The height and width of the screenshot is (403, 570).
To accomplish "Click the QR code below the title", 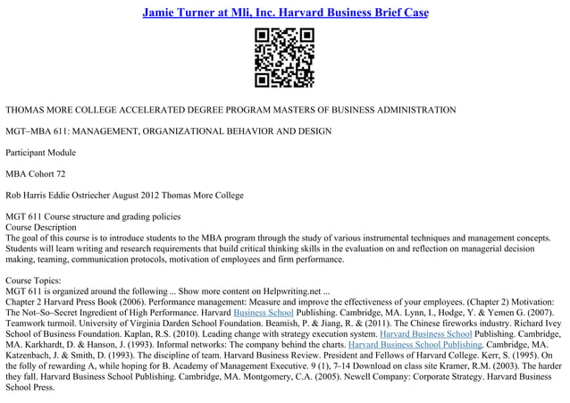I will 284,58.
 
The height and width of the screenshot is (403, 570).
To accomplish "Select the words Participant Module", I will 42,153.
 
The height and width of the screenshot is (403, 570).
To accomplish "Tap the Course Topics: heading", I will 35,280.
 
